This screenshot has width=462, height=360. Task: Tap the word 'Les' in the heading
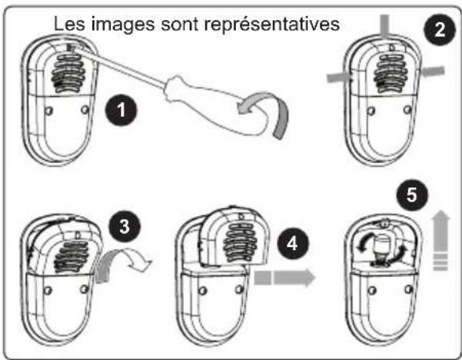click(x=69, y=24)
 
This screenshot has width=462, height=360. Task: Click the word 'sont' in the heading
click(x=178, y=24)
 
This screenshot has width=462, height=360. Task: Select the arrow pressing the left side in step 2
click(x=336, y=76)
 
